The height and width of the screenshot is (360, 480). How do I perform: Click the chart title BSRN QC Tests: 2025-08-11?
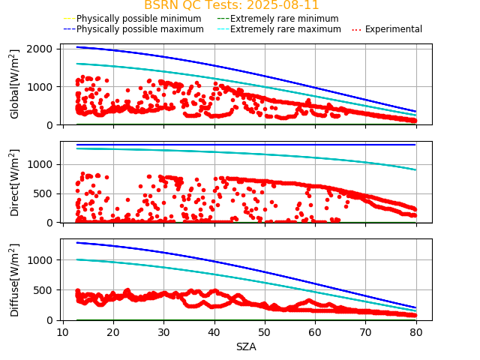click(231, 5)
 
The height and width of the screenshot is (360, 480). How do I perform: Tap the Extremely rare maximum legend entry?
click(284, 29)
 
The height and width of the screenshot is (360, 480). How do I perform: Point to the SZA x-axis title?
click(246, 346)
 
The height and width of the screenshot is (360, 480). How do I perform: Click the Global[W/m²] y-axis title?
click(15, 84)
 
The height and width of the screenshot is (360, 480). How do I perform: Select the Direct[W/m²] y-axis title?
click(15, 182)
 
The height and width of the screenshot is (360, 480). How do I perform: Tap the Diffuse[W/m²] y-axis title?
click(15, 280)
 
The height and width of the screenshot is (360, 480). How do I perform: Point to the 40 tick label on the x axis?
click(214, 332)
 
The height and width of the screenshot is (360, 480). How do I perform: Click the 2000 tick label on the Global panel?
click(42, 49)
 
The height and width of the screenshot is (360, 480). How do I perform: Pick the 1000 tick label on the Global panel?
click(42, 87)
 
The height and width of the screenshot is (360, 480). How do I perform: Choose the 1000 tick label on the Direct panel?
click(42, 164)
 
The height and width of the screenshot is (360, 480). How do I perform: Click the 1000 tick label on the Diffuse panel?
click(42, 260)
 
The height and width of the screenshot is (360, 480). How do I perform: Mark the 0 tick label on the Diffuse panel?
click(52, 320)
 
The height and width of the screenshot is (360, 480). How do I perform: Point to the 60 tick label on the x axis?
click(315, 332)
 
